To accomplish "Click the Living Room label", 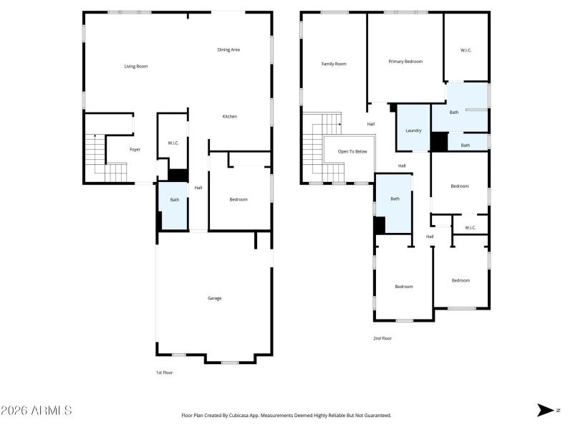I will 135,67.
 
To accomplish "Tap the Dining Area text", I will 228,49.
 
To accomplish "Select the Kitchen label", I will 229,116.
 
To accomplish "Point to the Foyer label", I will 135,150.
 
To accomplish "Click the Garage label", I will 214,298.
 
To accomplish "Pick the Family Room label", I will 334,64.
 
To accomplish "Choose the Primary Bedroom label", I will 405,62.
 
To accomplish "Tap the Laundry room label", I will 413,130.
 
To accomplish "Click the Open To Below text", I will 352,151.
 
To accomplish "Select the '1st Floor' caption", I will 164,373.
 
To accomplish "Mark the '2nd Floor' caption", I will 382,338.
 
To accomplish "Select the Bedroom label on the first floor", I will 239,199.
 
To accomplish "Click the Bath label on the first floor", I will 174,200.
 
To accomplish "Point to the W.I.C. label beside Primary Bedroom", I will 466,50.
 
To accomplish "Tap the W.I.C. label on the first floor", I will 173,143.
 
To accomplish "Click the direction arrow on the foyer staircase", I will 95,136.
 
